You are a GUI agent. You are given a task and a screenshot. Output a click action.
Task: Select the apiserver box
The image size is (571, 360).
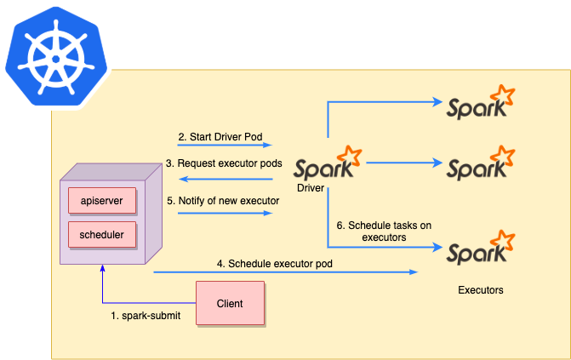tap(101, 201)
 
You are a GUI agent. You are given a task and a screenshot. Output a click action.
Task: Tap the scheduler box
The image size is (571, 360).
tap(101, 234)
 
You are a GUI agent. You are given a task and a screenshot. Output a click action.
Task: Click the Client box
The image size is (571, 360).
tap(230, 303)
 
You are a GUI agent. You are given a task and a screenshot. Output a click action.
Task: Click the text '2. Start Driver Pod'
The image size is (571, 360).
tap(219, 136)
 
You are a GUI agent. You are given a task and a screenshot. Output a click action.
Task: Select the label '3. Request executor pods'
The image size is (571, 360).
tap(224, 163)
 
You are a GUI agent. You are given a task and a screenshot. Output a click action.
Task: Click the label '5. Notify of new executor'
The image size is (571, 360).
tap(223, 201)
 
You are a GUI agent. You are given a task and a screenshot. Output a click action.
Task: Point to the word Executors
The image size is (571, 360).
tap(481, 290)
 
